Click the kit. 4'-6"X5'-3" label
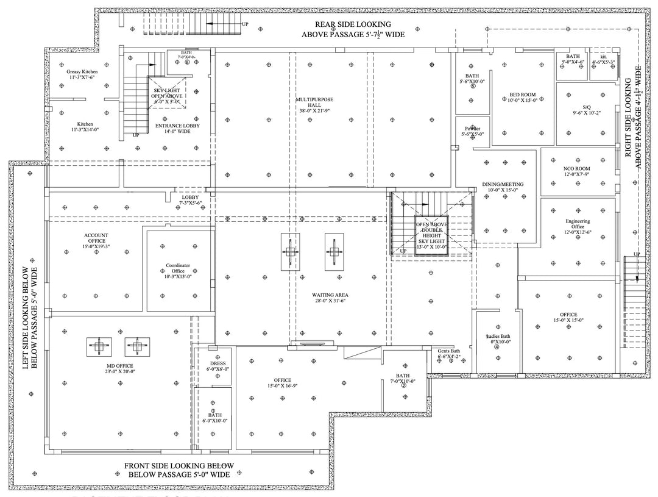pos(603,59)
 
